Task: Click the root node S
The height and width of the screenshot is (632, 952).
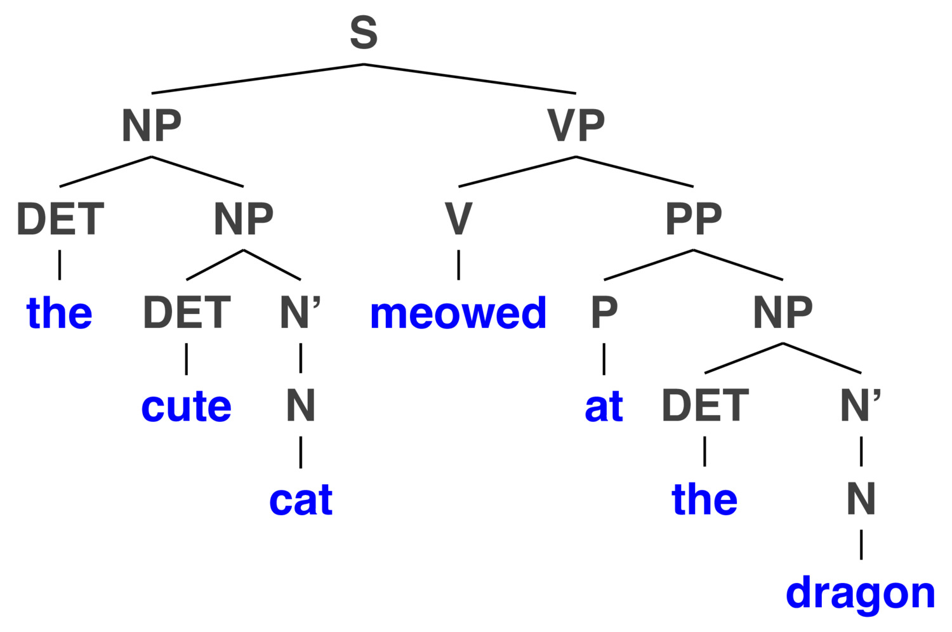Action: click(364, 32)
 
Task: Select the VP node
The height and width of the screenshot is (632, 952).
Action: click(576, 126)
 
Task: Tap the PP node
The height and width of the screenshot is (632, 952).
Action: click(694, 218)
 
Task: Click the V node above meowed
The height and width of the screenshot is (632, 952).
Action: click(458, 218)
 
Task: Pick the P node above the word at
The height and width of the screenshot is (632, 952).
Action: click(604, 312)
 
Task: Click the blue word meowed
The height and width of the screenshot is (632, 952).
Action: click(458, 313)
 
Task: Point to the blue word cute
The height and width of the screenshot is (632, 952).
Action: click(186, 407)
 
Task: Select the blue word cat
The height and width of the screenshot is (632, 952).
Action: click(301, 500)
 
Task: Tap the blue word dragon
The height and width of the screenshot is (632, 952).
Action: click(860, 594)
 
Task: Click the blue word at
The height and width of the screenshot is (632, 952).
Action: click(604, 407)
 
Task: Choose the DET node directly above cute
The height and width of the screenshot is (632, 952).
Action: click(187, 312)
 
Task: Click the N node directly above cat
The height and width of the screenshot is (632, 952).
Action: click(301, 405)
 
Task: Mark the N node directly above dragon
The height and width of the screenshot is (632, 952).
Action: click(861, 499)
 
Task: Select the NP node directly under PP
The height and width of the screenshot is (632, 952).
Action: click(783, 312)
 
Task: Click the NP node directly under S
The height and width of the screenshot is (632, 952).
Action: click(151, 126)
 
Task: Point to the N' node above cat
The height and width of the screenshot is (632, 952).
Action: click(300, 312)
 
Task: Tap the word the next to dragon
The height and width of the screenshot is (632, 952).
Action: click(704, 499)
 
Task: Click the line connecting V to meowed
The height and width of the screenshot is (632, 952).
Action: click(458, 265)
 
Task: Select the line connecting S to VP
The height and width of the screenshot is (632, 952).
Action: click(470, 79)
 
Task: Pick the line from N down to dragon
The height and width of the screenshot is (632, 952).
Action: click(861, 544)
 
